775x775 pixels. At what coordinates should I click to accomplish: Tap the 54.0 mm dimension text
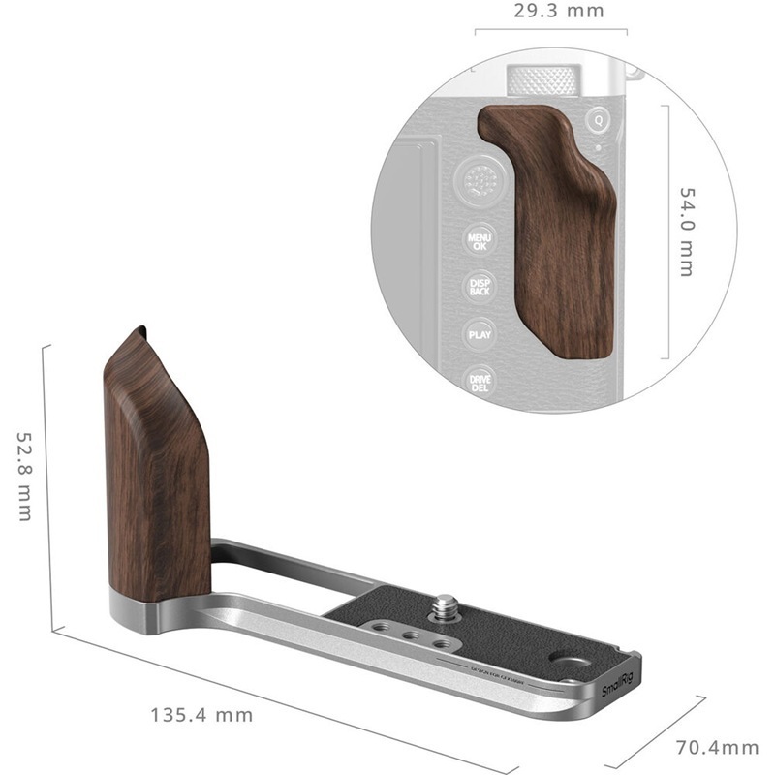686,232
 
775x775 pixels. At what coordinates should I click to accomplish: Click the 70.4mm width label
717,747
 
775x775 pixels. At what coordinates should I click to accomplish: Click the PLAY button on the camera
480,334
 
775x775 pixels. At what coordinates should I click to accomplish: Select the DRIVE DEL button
480,382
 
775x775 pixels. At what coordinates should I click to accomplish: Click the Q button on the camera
599,120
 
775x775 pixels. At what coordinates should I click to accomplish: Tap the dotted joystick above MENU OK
479,180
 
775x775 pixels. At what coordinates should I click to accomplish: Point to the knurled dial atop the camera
543,80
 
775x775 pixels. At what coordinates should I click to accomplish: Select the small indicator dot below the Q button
601,146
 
